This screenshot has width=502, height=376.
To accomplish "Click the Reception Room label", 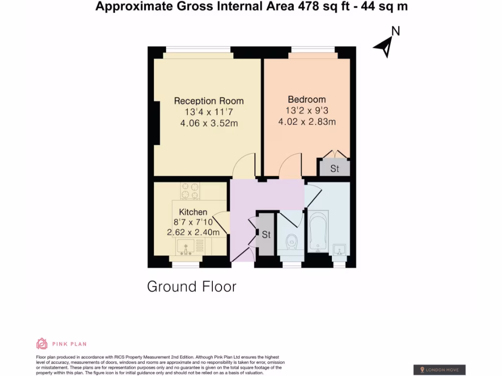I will (x=209, y=101).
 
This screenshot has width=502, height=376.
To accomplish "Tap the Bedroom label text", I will (x=307, y=99).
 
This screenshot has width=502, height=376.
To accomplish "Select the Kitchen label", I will (x=193, y=212).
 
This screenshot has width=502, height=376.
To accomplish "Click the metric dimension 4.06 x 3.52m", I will (x=209, y=123).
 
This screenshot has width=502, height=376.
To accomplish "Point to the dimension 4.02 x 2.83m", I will (x=307, y=121).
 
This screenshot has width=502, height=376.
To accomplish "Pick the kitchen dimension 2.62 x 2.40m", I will (x=193, y=232).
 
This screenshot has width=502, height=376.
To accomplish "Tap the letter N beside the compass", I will (x=395, y=31).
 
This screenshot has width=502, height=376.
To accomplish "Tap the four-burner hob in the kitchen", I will (x=190, y=191).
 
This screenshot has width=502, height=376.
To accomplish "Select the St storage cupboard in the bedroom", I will (x=335, y=168).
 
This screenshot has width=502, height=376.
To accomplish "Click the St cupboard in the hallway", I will (x=266, y=235).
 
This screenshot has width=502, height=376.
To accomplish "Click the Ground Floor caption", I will (x=192, y=286).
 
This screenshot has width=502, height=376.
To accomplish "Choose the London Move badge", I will (x=439, y=370).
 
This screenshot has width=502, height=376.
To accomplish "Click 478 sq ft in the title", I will (x=320, y=6).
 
